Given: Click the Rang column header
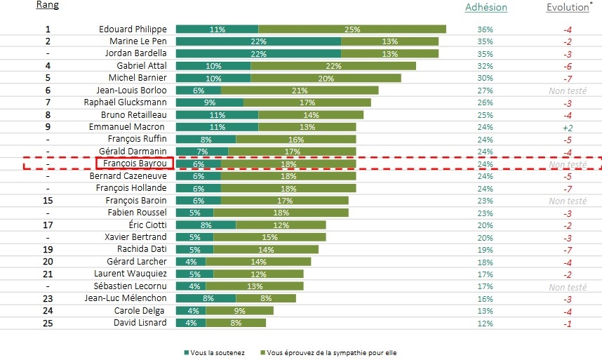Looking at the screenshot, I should [x=48, y=6].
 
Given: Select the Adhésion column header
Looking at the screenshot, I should [x=486, y=7].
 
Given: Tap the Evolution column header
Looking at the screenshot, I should [x=567, y=7].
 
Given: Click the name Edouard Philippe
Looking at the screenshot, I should [x=133, y=29].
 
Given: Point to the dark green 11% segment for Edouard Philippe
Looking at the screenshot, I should [x=217, y=29].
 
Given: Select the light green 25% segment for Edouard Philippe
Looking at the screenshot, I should [x=352, y=29].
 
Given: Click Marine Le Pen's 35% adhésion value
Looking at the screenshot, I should [x=485, y=41].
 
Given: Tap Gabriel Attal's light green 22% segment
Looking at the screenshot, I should [x=333, y=65].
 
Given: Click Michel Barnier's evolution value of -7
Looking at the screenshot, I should [x=567, y=78].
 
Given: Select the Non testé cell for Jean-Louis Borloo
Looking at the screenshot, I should [x=567, y=91].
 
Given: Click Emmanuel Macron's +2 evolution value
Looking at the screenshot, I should [x=567, y=128].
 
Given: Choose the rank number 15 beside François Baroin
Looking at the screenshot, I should [x=48, y=200].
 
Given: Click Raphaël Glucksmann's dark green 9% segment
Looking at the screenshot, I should [x=209, y=102].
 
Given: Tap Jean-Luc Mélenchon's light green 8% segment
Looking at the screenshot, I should [x=266, y=298].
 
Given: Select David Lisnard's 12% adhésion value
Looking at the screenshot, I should [x=485, y=323].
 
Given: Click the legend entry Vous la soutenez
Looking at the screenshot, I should [x=213, y=352].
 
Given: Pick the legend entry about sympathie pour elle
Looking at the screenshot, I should [x=330, y=352].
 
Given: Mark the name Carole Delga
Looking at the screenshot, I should [x=140, y=310].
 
